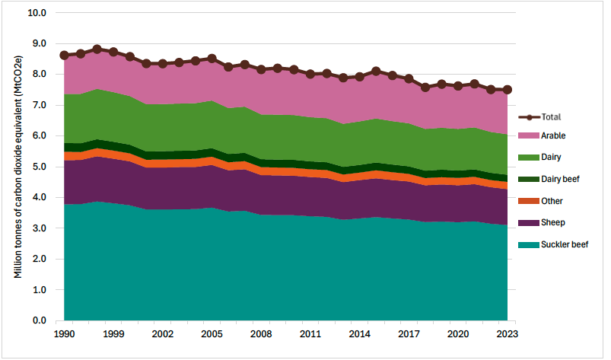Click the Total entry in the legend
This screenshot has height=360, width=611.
[550, 117]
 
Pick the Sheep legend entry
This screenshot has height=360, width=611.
[551, 223]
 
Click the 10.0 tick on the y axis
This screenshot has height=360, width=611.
[37, 13]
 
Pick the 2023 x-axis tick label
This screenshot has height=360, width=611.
[507, 333]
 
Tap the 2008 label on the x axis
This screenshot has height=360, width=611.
[261, 333]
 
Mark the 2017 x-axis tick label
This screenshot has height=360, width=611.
[409, 333]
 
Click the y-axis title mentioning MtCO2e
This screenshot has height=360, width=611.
[18, 167]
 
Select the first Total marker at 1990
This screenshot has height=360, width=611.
[64, 55]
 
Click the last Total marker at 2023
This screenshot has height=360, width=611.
[507, 90]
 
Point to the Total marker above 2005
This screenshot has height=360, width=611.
[212, 58]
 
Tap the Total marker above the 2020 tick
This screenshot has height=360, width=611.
[458, 86]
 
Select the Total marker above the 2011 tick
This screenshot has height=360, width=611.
[310, 74]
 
